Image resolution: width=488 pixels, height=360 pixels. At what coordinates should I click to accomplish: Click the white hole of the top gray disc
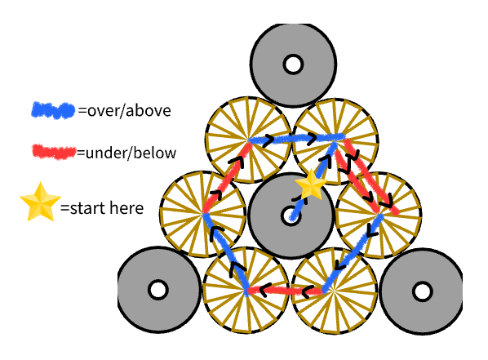click(x=291, y=64)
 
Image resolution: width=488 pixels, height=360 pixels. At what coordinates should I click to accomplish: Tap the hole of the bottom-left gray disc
click(x=158, y=290)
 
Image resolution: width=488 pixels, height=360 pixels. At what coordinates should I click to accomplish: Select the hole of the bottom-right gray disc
click(x=422, y=290)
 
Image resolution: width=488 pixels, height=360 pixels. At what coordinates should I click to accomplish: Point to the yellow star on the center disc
click(x=311, y=185)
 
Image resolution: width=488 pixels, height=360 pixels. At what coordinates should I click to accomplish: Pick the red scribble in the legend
click(x=53, y=152)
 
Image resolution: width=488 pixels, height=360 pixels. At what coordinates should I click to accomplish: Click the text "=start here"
click(x=101, y=208)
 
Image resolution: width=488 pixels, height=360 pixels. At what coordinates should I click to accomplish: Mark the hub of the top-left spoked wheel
click(x=246, y=140)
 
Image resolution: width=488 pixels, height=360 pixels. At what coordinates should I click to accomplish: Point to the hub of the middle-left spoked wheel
click(x=202, y=214)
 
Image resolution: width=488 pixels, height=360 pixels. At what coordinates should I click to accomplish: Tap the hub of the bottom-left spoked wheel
click(x=246, y=291)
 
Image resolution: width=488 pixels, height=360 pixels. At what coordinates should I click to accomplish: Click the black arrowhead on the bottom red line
click(x=266, y=290)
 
